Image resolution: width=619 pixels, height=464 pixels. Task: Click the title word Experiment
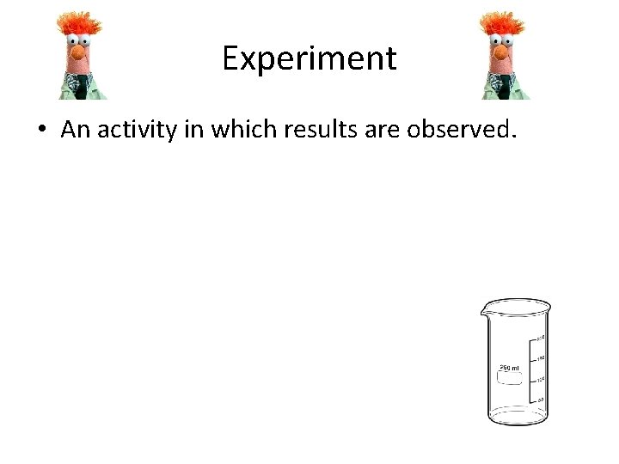[309, 58]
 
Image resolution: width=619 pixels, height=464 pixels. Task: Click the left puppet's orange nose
[77, 53]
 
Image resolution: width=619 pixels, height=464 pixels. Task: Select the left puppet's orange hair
[79, 22]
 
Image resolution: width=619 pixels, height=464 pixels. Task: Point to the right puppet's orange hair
[501, 22]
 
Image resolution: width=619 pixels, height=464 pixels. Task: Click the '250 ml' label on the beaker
[510, 368]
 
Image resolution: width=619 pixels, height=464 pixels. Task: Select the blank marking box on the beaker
[510, 379]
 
